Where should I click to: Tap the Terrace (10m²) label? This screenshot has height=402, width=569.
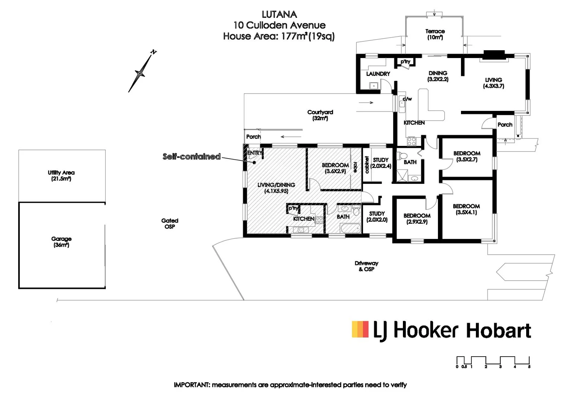pyautogui.click(x=435, y=34)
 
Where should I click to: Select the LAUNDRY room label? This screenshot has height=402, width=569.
pyautogui.click(x=378, y=74)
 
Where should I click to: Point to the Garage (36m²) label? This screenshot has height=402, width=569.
pyautogui.click(x=61, y=242)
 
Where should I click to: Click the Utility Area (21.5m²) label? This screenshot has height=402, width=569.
pyautogui.click(x=61, y=176)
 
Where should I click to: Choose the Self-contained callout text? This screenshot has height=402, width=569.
pyautogui.click(x=191, y=157)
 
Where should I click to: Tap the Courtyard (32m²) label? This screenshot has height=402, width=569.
pyautogui.click(x=320, y=115)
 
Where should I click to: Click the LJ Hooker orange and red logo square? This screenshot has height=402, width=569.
pyautogui.click(x=360, y=329)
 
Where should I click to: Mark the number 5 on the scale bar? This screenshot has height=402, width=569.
pyautogui.click(x=529, y=367)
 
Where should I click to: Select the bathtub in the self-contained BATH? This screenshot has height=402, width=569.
pyautogui.click(x=350, y=228)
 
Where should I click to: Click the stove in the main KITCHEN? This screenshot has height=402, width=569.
pyautogui.click(x=411, y=141)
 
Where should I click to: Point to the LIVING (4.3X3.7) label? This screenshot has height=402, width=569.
pyautogui.click(x=493, y=83)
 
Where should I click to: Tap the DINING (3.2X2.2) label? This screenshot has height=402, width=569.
pyautogui.click(x=438, y=76)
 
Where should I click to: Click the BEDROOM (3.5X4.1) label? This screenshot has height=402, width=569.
pyautogui.click(x=466, y=209)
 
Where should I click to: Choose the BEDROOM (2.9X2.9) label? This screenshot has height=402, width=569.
pyautogui.click(x=417, y=218)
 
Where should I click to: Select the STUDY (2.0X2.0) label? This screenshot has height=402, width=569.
pyautogui.click(x=377, y=217)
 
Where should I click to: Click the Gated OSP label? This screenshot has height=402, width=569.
pyautogui.click(x=170, y=223)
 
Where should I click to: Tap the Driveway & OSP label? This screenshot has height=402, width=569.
pyautogui.click(x=366, y=266)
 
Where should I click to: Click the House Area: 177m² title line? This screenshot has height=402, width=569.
pyautogui.click(x=279, y=36)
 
